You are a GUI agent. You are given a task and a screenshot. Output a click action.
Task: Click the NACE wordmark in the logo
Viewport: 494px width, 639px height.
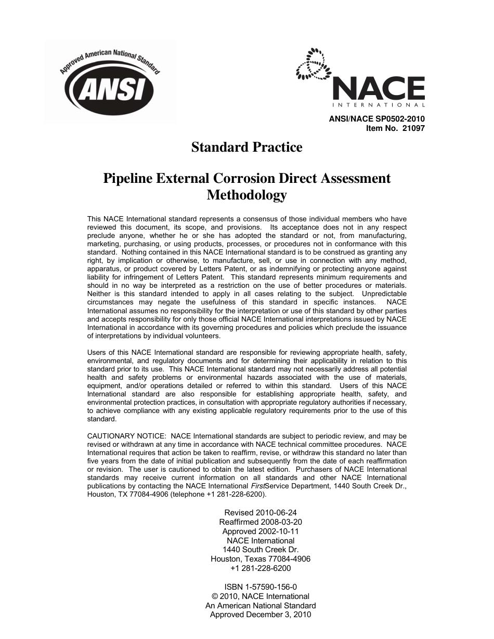[378, 89]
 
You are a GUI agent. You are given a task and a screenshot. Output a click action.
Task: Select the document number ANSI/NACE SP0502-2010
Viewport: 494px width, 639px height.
[376, 119]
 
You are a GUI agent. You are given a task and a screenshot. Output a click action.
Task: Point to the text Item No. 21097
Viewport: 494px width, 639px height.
[396, 128]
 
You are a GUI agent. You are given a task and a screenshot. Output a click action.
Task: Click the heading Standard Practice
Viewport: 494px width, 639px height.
[246, 148]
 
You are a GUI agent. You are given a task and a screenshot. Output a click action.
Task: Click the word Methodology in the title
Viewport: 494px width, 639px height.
[246, 195]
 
